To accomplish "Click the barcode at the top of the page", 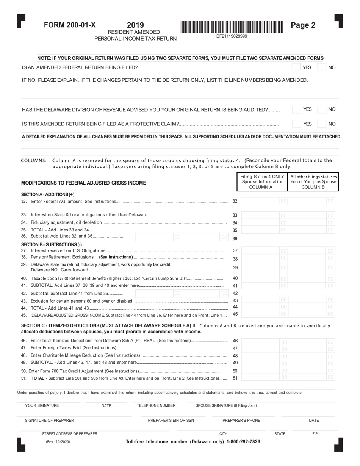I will click(232, 27).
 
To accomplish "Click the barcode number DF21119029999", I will click(232, 36).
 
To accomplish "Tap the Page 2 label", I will click(303, 25).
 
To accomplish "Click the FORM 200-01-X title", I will click(70, 25).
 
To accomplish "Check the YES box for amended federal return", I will click(296, 67).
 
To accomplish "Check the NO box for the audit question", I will click(321, 109).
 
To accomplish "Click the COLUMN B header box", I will click(313, 182).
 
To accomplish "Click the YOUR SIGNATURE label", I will click(42, 405).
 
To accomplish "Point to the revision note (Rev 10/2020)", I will click(58, 442).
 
